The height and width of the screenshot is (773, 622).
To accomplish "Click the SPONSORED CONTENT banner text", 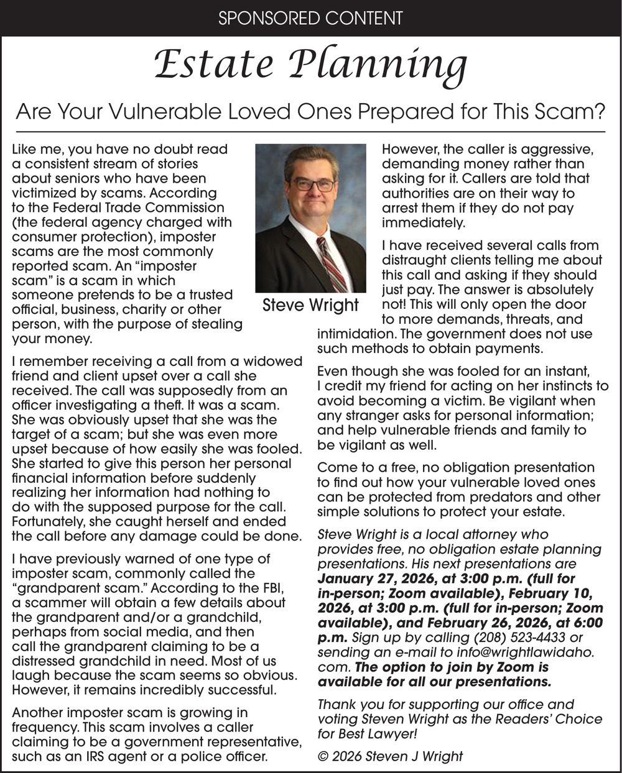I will tap(310, 17).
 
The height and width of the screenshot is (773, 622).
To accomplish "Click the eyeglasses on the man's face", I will tap(313, 184).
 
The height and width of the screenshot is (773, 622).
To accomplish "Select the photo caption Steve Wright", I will tap(310, 305).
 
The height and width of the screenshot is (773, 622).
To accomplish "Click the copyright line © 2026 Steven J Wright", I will tap(390, 756).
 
